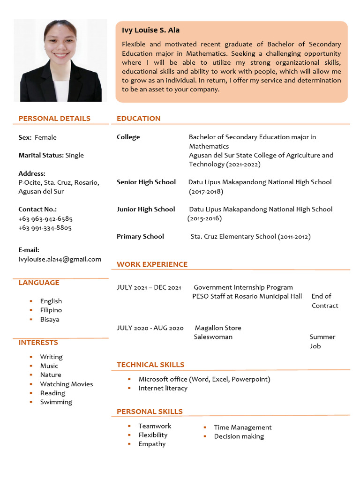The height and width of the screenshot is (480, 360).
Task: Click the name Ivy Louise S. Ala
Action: (x=150, y=30)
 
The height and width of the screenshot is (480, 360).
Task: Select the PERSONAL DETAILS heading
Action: (x=54, y=118)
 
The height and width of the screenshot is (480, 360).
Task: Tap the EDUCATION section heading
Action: (x=139, y=118)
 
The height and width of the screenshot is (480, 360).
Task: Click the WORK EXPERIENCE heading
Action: (x=152, y=264)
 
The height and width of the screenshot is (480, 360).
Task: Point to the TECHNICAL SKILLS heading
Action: (x=150, y=365)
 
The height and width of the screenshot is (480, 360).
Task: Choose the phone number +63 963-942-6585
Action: (x=45, y=218)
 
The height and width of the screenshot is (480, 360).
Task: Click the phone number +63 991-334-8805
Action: (x=45, y=228)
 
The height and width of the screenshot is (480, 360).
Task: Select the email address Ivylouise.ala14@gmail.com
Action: (x=60, y=259)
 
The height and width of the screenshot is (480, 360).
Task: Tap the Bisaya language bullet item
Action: (x=50, y=319)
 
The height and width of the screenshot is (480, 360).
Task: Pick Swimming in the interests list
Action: (x=56, y=402)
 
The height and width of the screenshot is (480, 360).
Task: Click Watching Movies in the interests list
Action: (x=67, y=384)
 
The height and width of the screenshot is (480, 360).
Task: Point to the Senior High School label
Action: (x=146, y=182)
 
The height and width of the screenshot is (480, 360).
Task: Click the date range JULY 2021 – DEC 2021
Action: (x=149, y=287)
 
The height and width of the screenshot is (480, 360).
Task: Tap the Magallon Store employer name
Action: (x=218, y=328)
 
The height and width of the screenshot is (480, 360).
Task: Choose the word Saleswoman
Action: (x=213, y=337)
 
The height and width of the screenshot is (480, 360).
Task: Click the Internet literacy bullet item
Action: (x=163, y=388)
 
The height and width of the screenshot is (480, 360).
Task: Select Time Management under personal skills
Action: (x=243, y=427)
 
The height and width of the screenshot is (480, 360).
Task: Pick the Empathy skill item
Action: (x=152, y=444)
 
